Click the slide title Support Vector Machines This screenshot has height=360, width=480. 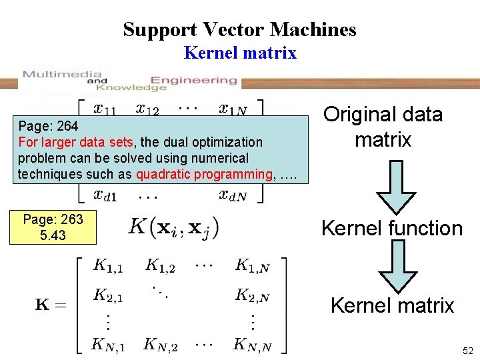click(x=239, y=29)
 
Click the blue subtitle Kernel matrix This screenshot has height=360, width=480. click(x=240, y=53)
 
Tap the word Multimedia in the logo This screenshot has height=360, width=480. click(x=62, y=74)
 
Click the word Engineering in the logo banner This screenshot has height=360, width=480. click(x=194, y=80)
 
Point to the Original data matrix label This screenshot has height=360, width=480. click(x=383, y=127)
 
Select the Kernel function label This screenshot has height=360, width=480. click(x=391, y=228)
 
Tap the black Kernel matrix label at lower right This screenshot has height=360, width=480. click(x=392, y=305)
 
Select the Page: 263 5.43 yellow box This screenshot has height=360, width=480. click(x=53, y=227)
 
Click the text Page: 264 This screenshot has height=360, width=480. click(x=48, y=125)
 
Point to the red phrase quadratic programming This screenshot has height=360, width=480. click(x=204, y=174)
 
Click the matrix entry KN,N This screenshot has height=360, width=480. click(x=251, y=345)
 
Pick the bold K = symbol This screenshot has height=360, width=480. click(x=49, y=305)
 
